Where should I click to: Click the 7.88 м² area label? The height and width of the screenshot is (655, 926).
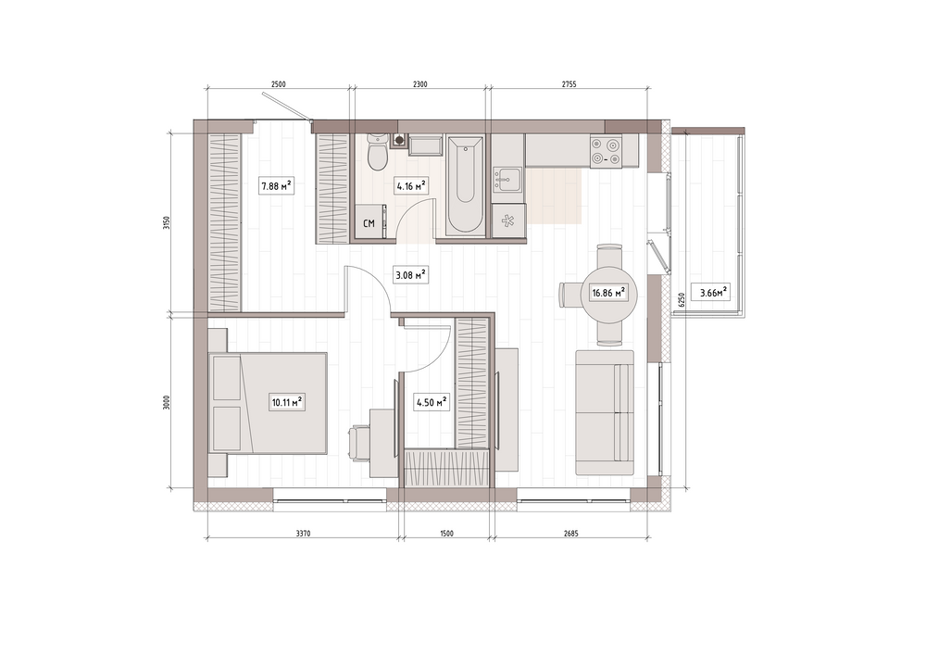click(x=277, y=186)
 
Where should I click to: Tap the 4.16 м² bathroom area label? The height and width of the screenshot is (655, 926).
click(x=412, y=186)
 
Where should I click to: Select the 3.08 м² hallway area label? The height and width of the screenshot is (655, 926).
click(x=410, y=274)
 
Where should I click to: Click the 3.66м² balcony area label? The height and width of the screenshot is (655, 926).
click(x=713, y=292)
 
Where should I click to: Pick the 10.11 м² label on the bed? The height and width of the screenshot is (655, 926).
click(x=287, y=403)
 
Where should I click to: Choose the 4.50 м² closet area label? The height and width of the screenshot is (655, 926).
click(x=432, y=403)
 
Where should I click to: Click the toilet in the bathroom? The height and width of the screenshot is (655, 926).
click(x=376, y=151)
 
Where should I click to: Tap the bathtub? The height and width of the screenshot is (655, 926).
click(x=466, y=185)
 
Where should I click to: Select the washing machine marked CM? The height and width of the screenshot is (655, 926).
click(x=369, y=222)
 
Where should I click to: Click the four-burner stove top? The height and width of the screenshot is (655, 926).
click(x=607, y=151)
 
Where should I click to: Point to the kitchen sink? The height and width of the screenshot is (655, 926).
click(x=507, y=180)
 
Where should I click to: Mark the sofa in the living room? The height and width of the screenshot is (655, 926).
click(x=605, y=413)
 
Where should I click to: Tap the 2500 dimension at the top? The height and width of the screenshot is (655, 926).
click(x=278, y=84)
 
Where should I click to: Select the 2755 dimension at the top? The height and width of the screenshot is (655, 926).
click(x=569, y=84)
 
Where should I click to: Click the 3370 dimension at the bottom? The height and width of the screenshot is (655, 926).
click(x=303, y=534)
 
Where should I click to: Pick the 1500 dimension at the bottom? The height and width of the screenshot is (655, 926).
click(x=447, y=534)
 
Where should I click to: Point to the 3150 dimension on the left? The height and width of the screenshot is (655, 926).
click(x=167, y=222)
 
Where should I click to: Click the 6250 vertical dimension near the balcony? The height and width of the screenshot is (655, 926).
click(x=682, y=300)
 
